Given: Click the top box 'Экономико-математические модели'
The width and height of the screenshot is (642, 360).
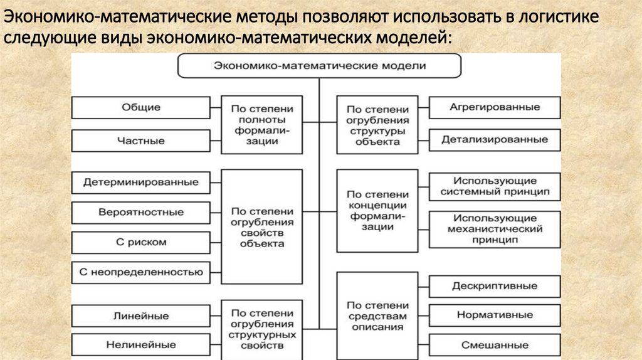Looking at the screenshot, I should point(320,65).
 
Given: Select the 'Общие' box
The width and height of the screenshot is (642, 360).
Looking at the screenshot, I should point(141,107).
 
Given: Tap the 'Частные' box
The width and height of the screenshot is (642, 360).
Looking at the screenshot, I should point(141,141).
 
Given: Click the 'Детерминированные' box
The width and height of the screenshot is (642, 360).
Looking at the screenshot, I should point(141,183).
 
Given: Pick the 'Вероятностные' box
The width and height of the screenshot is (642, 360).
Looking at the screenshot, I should point(141,212).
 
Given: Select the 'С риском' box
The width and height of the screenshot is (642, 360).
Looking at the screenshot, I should point(141,242).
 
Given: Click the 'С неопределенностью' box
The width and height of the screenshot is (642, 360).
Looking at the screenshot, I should point(141,272).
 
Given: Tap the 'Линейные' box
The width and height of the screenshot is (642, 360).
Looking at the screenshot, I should point(141,315).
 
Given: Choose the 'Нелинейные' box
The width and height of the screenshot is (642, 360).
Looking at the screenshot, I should point(141,345).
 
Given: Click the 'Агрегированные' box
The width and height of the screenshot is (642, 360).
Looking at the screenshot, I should point(495,107).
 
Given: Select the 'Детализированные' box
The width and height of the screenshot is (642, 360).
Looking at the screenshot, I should point(495,139).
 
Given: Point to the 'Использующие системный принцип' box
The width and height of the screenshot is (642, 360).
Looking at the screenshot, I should point(495,186).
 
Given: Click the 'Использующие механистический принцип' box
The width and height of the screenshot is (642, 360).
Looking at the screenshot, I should point(495,229).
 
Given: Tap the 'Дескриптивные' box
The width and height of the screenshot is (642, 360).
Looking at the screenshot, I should point(495,286).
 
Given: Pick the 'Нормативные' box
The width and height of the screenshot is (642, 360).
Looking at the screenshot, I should point(495,315).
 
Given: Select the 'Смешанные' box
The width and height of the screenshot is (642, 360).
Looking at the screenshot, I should point(495,345).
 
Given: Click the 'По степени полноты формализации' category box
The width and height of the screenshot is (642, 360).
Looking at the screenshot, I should point(261,124).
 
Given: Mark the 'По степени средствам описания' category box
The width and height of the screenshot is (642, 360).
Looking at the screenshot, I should point(377,315).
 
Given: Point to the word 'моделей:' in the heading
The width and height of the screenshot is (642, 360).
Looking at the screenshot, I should point(413,39).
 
